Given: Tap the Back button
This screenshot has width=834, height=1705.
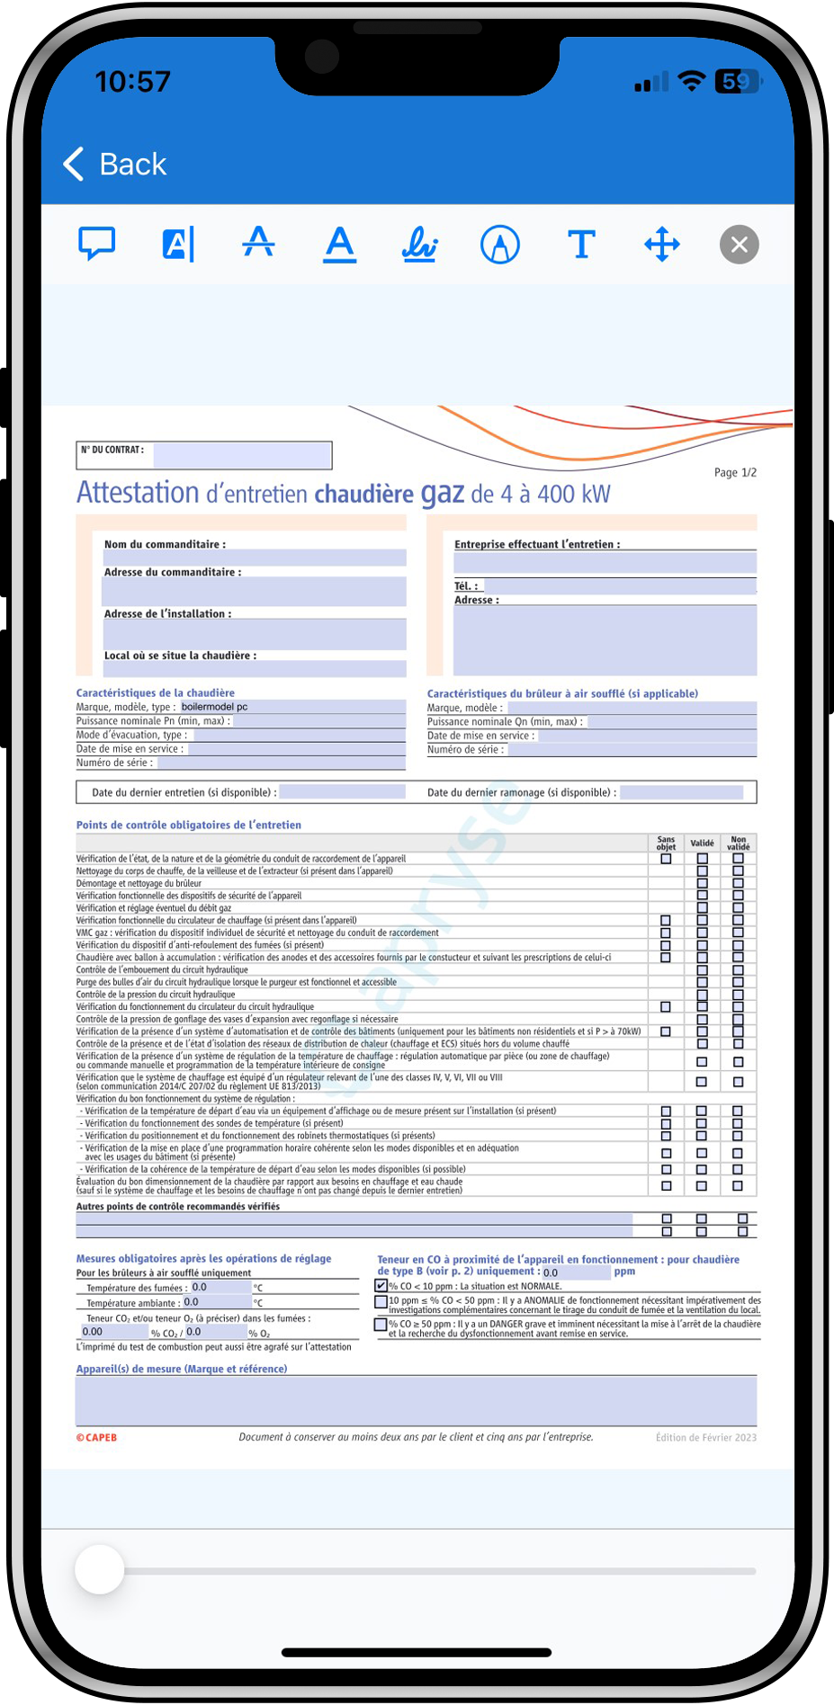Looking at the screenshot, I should coord(115,165).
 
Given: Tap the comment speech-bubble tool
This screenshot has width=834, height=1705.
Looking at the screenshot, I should coord(97,244).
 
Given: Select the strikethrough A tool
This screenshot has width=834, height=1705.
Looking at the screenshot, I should coord(258,244).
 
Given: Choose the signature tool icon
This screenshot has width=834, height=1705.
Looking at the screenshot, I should coord(419,244).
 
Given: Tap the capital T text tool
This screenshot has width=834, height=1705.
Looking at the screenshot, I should coord(581,244).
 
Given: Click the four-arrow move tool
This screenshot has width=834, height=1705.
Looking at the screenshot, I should coord(662,244).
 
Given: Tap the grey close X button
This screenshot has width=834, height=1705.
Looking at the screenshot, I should coord(740,245).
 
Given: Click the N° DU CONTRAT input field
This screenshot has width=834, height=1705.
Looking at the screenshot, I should coord(241,456).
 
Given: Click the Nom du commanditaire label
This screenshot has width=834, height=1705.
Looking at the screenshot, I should coord(165,544).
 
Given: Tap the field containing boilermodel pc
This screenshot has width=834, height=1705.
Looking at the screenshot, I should coord(291,707).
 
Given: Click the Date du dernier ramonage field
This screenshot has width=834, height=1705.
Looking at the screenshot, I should coord(681,792).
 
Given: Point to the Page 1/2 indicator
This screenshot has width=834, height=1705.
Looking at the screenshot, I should coord(735,472).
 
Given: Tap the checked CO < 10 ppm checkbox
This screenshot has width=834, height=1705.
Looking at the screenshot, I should coord(381,1286).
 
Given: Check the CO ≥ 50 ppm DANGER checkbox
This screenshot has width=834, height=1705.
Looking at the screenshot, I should coord(381,1325).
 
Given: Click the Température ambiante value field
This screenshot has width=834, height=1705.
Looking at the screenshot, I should coord(216,1302).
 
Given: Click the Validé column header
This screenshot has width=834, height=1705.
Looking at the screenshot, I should coord(702,843).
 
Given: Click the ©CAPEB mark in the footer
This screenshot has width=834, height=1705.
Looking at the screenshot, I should coord(97,1437).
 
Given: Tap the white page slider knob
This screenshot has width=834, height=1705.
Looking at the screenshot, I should coord(99,1570).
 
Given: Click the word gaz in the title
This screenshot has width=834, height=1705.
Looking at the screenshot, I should coord(443,493).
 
